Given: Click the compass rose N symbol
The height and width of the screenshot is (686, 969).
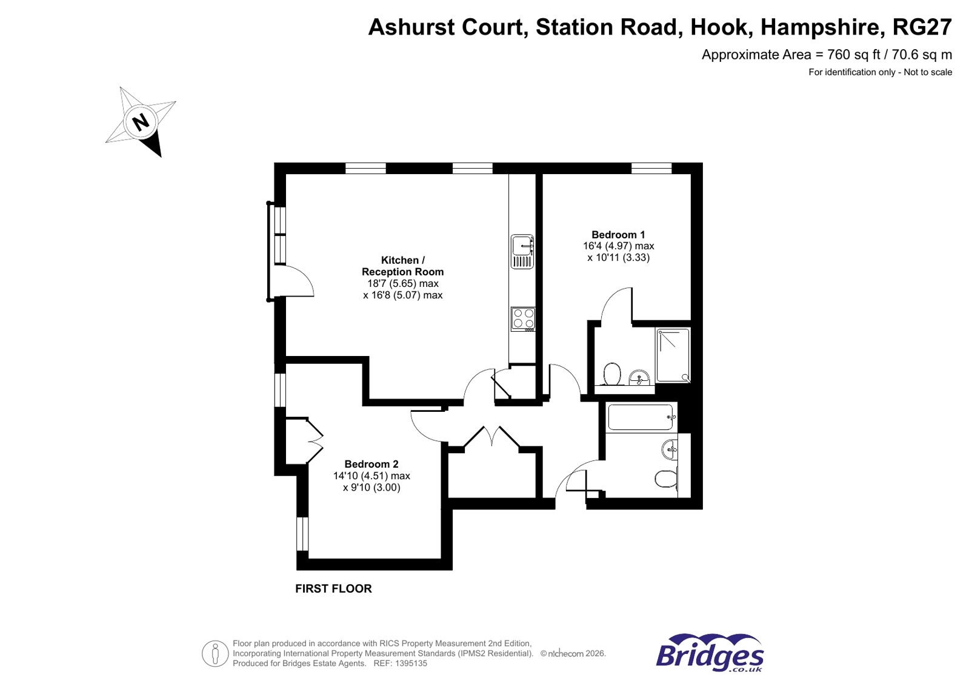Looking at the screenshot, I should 141,122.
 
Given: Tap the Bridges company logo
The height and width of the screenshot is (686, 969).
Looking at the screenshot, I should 709,653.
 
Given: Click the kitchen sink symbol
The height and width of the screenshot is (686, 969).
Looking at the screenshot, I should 522,251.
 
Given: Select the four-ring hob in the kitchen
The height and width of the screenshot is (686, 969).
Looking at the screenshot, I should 523,318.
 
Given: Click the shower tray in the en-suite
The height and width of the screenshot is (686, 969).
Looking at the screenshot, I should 673,355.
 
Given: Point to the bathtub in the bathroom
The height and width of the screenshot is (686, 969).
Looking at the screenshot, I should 641,417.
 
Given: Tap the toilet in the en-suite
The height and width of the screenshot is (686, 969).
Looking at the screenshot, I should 612,374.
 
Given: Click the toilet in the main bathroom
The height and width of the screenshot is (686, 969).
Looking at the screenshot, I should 665,479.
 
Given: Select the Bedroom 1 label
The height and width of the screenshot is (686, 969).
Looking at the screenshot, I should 618,235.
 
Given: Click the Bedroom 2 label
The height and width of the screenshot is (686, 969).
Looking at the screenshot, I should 371,464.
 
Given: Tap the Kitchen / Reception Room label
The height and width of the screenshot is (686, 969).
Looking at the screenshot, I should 402,266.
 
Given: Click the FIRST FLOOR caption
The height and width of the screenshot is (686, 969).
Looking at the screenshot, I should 333,588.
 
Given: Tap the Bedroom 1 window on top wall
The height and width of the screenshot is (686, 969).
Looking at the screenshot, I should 651,168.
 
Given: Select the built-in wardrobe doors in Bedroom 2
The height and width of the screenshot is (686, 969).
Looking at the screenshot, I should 314,440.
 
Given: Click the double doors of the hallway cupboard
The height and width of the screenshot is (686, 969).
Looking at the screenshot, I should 491,438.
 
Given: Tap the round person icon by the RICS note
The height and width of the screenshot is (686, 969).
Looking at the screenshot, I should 215,653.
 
